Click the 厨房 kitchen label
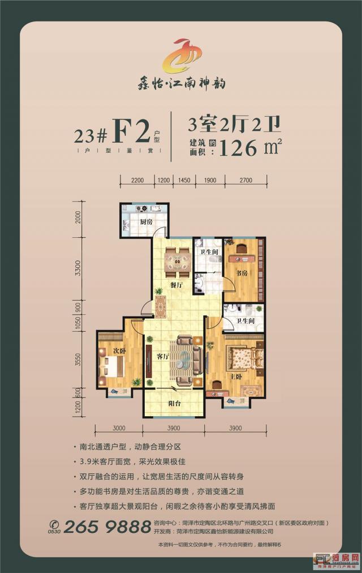146,222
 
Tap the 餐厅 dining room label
174,285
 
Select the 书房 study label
243,273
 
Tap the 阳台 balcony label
174,404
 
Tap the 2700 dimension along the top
245,181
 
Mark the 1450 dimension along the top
184,181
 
